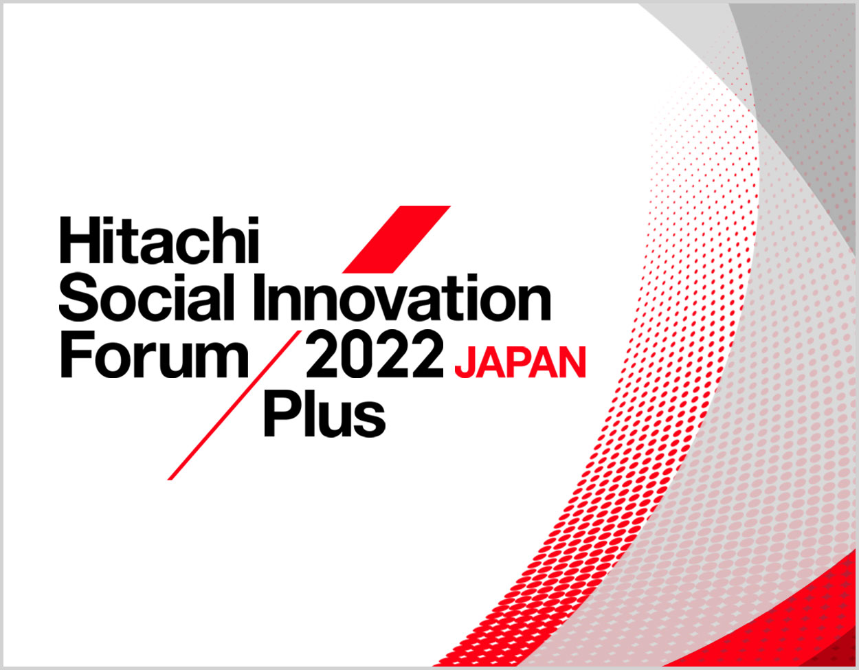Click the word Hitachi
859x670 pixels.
click(159, 240)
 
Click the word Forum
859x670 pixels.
click(155, 354)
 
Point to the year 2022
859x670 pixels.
click(375, 355)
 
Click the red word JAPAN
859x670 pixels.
click(520, 363)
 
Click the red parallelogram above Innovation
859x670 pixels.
click(396, 240)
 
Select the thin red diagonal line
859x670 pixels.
click(235, 405)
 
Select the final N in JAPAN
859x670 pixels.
click(572, 363)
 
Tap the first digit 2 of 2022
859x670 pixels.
click(323, 354)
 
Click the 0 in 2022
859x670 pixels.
click(358, 355)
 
